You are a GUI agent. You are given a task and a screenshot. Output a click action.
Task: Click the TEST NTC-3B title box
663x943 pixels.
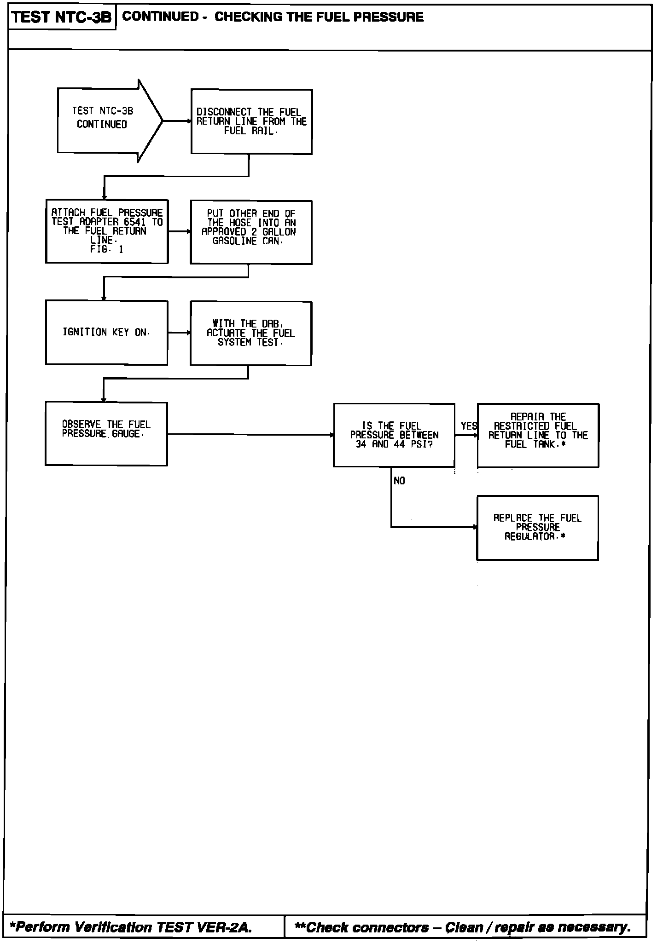(x=62, y=17)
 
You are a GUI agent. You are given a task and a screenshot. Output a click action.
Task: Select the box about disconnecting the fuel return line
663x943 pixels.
(x=251, y=121)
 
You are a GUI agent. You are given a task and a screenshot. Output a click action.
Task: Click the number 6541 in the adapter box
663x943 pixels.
(x=135, y=222)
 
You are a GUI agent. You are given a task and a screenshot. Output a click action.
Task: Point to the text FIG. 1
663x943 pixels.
(x=106, y=249)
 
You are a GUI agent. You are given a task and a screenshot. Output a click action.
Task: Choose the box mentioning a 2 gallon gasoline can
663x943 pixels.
(x=251, y=232)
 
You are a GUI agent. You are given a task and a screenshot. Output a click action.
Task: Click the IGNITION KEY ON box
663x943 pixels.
(x=106, y=332)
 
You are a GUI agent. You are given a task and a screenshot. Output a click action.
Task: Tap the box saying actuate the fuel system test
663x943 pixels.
(x=251, y=333)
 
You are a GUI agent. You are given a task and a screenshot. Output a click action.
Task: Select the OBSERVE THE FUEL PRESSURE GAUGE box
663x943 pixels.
(x=106, y=434)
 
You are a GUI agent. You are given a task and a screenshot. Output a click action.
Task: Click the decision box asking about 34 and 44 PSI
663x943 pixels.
(x=394, y=435)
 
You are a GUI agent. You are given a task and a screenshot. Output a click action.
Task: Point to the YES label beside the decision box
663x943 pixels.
(x=469, y=426)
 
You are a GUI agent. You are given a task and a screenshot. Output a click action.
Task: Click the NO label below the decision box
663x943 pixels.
(x=399, y=481)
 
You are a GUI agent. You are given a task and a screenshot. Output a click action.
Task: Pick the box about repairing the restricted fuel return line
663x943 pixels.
(x=538, y=435)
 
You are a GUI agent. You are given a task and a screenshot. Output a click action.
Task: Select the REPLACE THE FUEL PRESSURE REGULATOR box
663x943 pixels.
(x=537, y=527)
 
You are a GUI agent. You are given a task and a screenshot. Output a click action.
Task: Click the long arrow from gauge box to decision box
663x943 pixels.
(x=251, y=434)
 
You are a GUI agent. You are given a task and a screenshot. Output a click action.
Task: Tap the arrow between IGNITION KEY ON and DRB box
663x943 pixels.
(x=179, y=332)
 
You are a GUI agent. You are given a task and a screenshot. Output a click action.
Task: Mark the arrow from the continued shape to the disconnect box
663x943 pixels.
(x=177, y=121)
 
